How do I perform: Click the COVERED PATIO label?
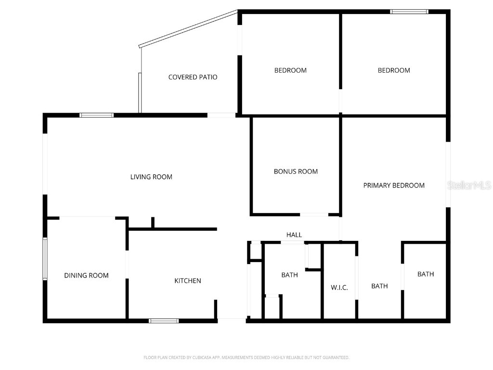click(x=193, y=77)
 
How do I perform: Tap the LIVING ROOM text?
click(x=151, y=177)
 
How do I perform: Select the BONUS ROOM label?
click(x=296, y=172)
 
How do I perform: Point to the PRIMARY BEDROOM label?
click(x=394, y=185)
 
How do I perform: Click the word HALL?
click(x=294, y=235)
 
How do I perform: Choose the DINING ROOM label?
click(x=86, y=276)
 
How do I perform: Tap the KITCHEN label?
click(x=187, y=281)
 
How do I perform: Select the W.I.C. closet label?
click(x=339, y=288)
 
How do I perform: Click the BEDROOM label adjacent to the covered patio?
click(x=290, y=70)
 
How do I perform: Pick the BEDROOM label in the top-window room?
click(x=394, y=70)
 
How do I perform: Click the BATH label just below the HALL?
click(x=289, y=275)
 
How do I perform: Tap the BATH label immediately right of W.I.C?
click(x=379, y=286)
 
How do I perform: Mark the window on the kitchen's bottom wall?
click(x=164, y=320)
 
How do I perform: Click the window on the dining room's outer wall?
click(x=45, y=259)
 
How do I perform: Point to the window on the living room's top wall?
click(x=96, y=115)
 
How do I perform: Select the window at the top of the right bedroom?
click(x=409, y=12)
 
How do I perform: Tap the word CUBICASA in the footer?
click(x=196, y=357)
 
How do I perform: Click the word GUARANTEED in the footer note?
click(x=335, y=357)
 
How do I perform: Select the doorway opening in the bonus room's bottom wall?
click(x=314, y=214)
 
